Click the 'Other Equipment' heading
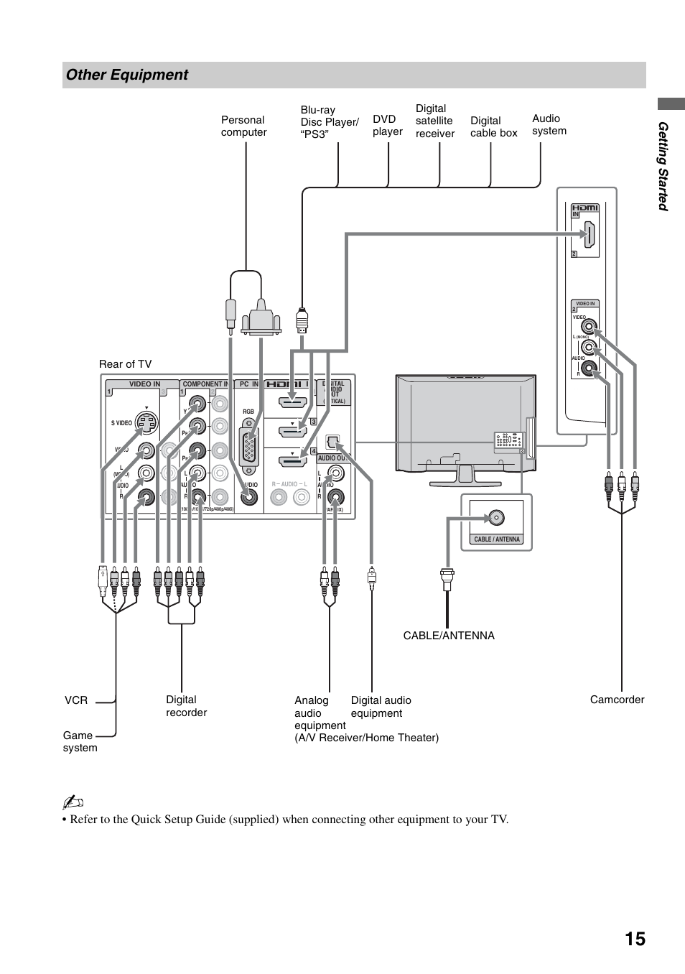pyautogui.click(x=127, y=75)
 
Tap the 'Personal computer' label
pyautogui.click(x=243, y=126)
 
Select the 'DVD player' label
pyautogui.click(x=387, y=126)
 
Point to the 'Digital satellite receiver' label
pyautogui.click(x=434, y=121)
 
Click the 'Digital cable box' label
pyautogui.click(x=493, y=127)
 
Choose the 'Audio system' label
pyautogui.click(x=549, y=124)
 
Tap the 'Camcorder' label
pyautogui.click(x=617, y=700)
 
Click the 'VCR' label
pyautogui.click(x=76, y=700)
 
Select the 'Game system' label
pyautogui.click(x=79, y=741)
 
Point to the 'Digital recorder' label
pyautogui.click(x=186, y=706)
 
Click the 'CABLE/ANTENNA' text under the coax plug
pyautogui.click(x=449, y=636)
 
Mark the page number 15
pyautogui.click(x=635, y=940)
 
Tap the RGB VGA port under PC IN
pyautogui.click(x=248, y=447)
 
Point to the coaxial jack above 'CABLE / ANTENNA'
pyautogui.click(x=495, y=517)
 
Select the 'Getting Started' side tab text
pyautogui.click(x=663, y=167)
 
